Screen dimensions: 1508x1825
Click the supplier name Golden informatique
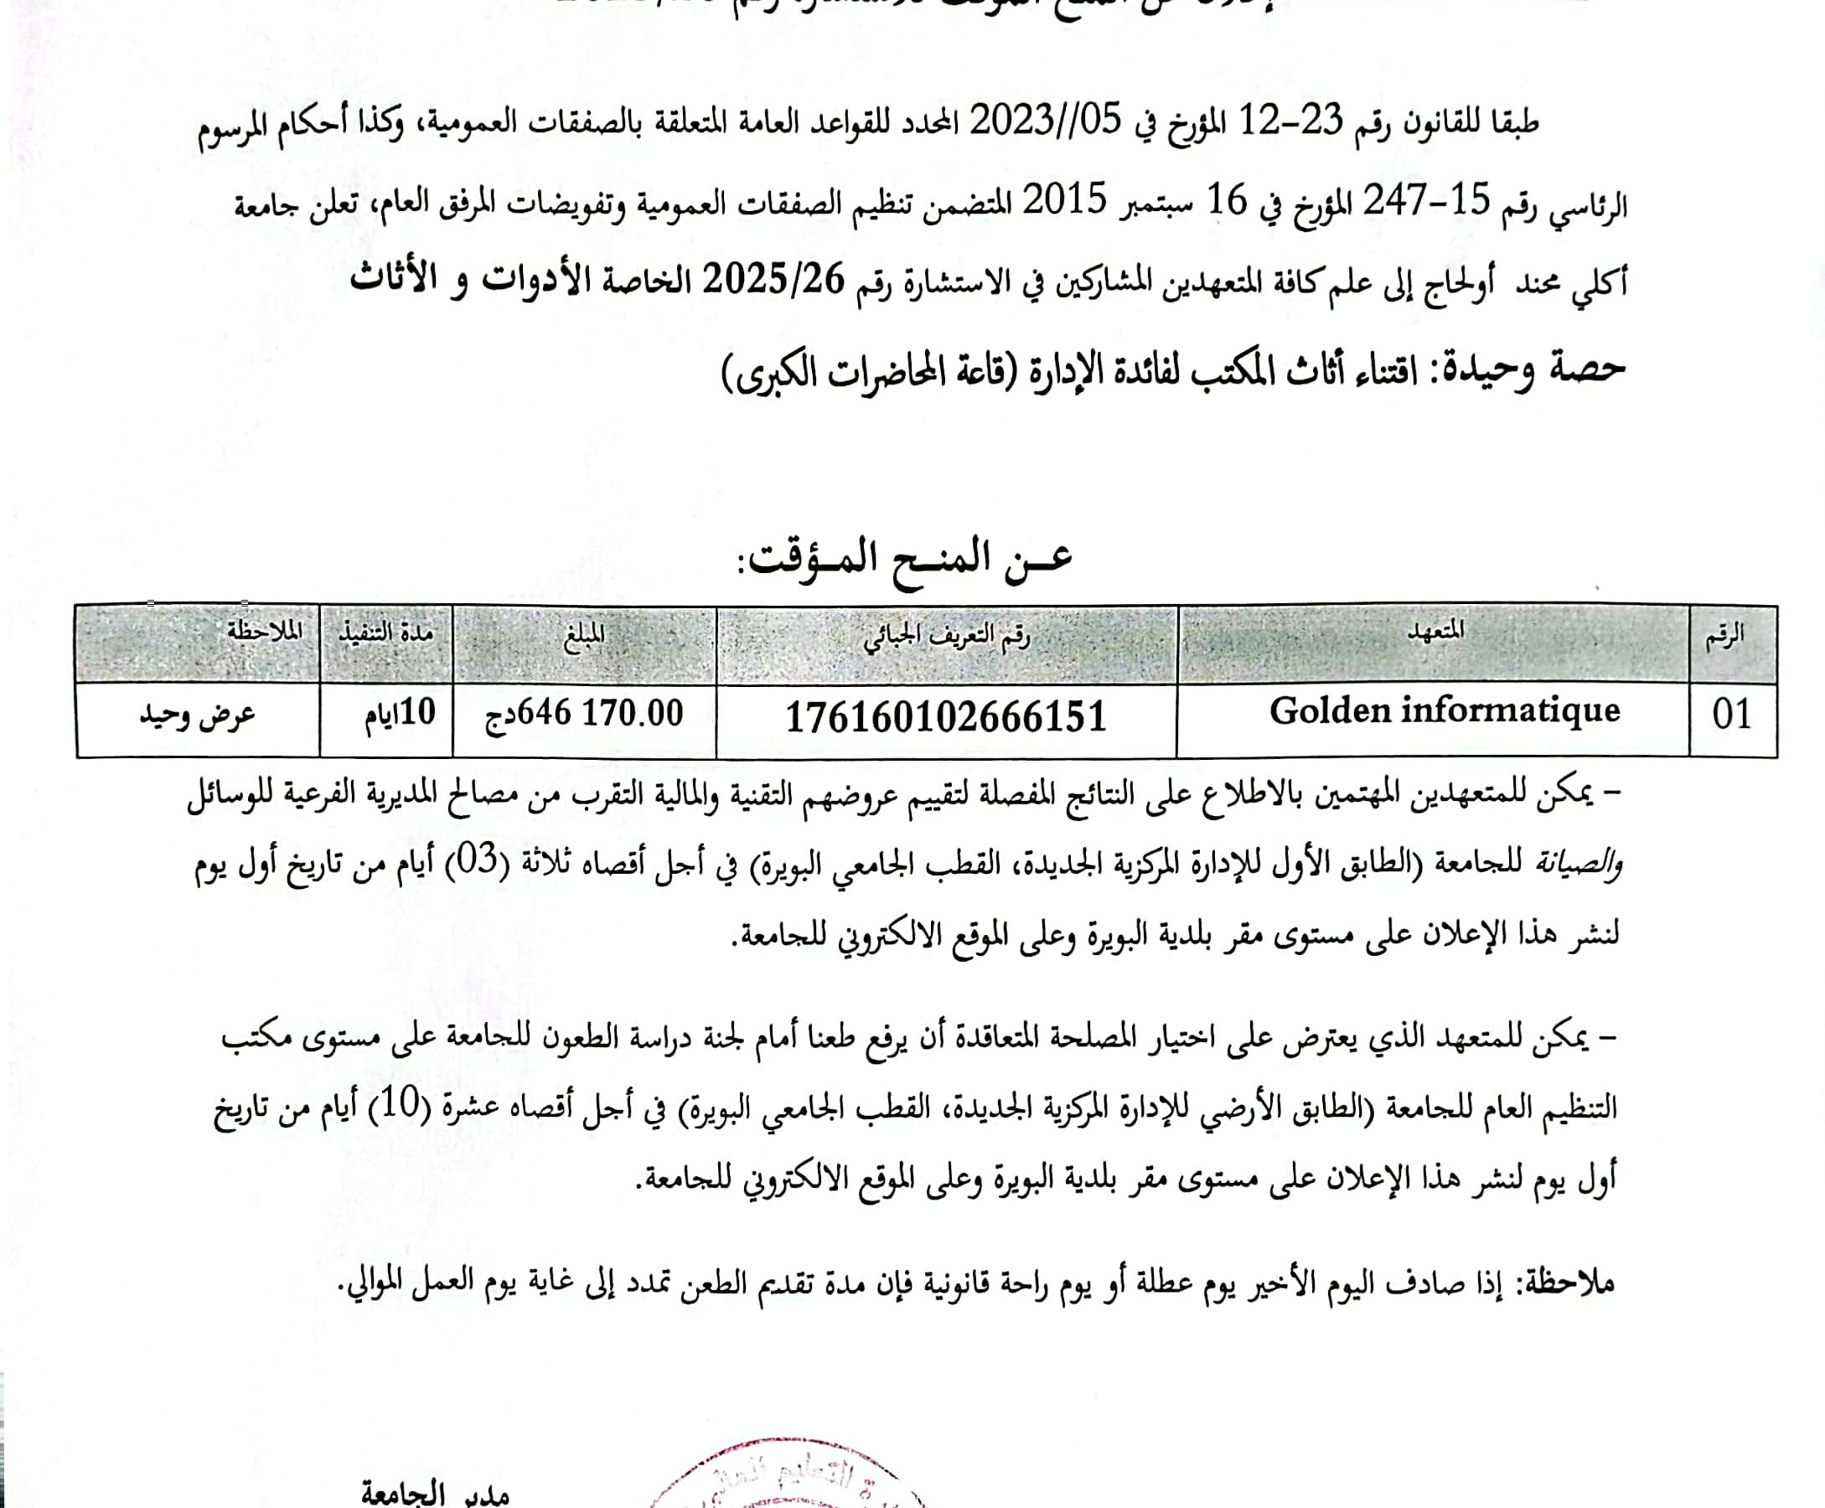click(x=1444, y=711)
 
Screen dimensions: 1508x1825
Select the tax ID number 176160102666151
click(x=946, y=717)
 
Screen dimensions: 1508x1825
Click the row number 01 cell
click(x=1731, y=715)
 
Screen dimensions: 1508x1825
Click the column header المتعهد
click(x=1435, y=632)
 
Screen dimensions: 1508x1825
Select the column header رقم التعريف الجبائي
click(x=946, y=638)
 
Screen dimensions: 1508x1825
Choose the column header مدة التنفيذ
click(x=385, y=633)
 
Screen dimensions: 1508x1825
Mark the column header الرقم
click(x=1724, y=636)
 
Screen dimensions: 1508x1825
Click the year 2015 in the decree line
click(x=1062, y=201)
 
